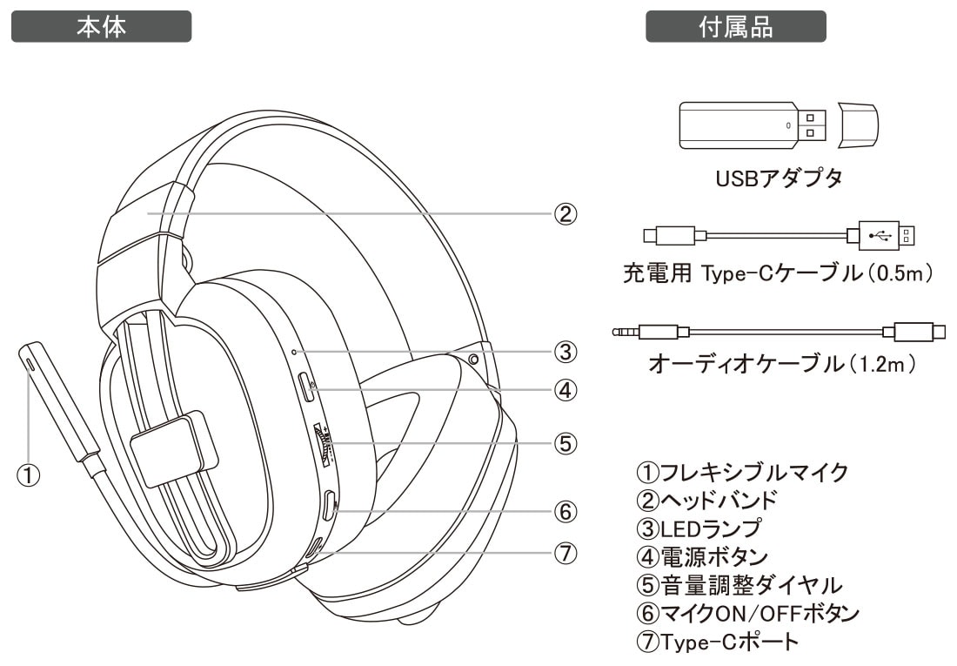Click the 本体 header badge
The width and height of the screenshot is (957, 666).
(101, 26)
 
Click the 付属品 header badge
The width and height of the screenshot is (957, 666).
(735, 26)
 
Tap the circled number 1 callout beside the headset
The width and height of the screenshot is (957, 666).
(30, 475)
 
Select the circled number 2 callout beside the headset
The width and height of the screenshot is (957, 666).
(565, 213)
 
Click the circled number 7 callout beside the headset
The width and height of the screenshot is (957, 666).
(565, 552)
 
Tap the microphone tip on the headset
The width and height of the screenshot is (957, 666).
(30, 356)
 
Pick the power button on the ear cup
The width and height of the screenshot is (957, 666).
(305, 387)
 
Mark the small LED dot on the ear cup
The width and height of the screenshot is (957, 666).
(295, 353)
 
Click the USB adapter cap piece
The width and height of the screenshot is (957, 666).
(856, 124)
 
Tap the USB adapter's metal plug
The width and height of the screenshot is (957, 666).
(812, 124)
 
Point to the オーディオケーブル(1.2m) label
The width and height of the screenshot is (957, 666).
(782, 363)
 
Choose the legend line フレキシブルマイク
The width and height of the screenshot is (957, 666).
(742, 473)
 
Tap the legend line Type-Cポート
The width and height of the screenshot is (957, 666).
(717, 642)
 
